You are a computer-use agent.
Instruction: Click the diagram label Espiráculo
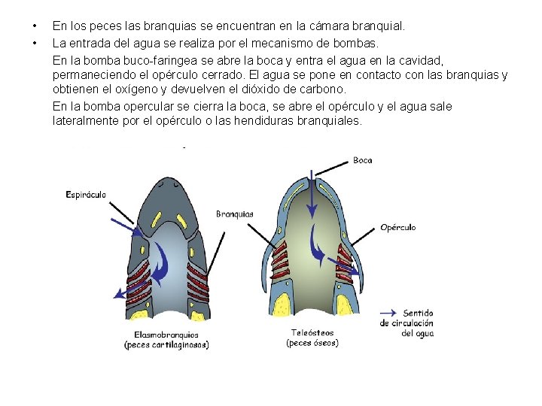pyautogui.click(x=86, y=194)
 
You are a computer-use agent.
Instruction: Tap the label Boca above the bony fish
pyautogui.click(x=362, y=160)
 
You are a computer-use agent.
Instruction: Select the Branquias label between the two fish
pyautogui.click(x=234, y=214)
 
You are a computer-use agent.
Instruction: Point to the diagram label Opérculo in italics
pyautogui.click(x=397, y=227)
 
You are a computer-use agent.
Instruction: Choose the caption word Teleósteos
pyautogui.click(x=312, y=332)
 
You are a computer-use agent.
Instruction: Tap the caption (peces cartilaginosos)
pyautogui.click(x=166, y=345)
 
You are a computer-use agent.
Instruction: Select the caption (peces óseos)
pyautogui.click(x=312, y=343)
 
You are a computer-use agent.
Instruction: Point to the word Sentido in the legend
pyautogui.click(x=419, y=313)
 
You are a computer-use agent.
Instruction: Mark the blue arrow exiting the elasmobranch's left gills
pyautogui.click(x=120, y=292)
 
